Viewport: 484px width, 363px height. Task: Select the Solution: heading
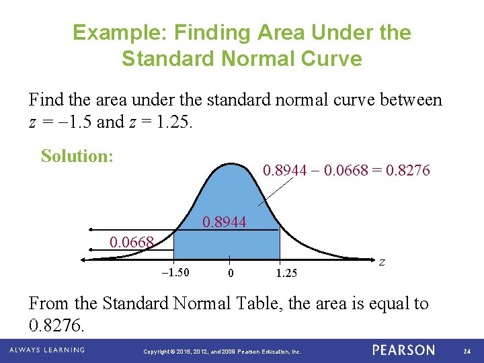coord(77,156)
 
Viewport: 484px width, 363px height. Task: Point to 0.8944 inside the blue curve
coord(225,222)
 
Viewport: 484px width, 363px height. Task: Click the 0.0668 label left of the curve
coord(132,241)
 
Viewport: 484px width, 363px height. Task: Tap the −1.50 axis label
coord(175,272)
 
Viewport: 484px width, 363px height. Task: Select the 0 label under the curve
coord(231,273)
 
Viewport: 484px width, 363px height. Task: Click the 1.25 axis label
coord(286,273)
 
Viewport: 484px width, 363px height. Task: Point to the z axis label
coord(381,262)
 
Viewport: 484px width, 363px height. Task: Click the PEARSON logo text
coord(403,350)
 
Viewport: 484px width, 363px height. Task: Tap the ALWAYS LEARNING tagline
coord(47,350)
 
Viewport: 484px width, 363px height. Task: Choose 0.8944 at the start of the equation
coord(284,171)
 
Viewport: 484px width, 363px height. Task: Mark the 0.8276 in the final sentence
coord(56,326)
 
